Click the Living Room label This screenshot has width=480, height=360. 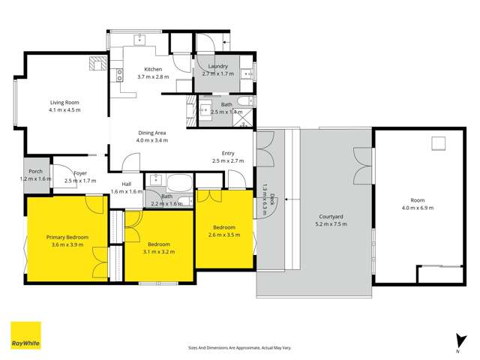(x=64, y=102)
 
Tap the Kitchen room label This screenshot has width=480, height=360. (x=153, y=69)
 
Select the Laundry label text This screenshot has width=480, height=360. (x=217, y=66)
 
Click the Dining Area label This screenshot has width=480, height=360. (x=151, y=133)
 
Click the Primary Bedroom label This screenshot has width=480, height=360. (x=67, y=237)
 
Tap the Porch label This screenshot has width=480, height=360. (x=34, y=172)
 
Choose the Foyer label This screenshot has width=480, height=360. (x=80, y=173)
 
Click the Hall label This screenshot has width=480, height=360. (x=127, y=184)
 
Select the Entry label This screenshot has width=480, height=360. (x=228, y=153)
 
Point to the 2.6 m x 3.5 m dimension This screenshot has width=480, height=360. (x=224, y=235)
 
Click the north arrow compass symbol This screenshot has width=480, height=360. (x=457, y=341)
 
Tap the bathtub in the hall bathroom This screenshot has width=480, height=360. (x=180, y=183)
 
